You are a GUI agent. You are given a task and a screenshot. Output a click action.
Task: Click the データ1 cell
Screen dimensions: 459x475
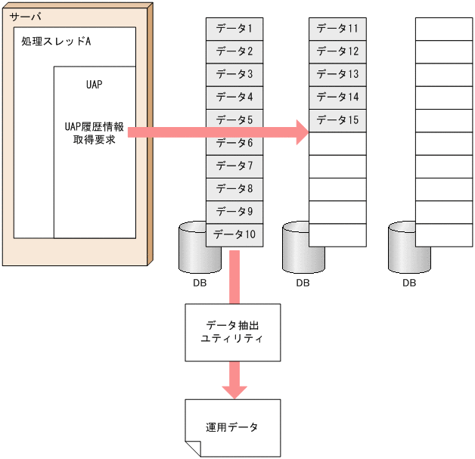point(234,29)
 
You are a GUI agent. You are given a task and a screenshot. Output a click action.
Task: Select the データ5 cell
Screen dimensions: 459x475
point(234,119)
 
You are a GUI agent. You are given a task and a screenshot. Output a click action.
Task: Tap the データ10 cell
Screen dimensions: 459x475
point(234,234)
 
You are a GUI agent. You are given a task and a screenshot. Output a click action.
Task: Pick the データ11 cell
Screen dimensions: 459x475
point(337,29)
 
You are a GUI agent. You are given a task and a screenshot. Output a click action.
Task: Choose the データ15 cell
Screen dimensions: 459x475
point(337,119)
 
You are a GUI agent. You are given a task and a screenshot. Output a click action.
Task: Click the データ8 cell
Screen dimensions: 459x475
point(234,188)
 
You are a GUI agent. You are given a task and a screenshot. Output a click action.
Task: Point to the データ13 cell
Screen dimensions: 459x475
point(337,74)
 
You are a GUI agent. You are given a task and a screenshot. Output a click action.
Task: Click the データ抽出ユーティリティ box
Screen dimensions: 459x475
point(232,332)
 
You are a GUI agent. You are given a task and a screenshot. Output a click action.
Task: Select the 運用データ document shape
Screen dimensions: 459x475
point(232,427)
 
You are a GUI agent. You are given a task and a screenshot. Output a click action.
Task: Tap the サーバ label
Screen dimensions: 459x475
point(25,16)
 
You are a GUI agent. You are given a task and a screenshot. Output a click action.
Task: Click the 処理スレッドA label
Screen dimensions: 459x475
point(56,41)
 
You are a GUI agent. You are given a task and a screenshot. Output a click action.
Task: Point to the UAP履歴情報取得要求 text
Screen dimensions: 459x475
point(95,133)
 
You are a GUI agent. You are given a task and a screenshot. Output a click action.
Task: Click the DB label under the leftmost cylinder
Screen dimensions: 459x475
point(197,284)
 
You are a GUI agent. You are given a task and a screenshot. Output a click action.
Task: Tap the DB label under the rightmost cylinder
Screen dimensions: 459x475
point(409,284)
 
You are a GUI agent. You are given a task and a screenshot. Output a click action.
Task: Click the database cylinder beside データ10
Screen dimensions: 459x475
point(191,250)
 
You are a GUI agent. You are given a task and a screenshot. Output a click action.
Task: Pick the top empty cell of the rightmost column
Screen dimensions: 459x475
point(443,29)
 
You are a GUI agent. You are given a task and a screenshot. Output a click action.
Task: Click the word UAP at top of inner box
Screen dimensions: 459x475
point(95,84)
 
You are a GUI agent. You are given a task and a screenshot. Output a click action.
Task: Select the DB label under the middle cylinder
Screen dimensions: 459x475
point(303,284)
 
